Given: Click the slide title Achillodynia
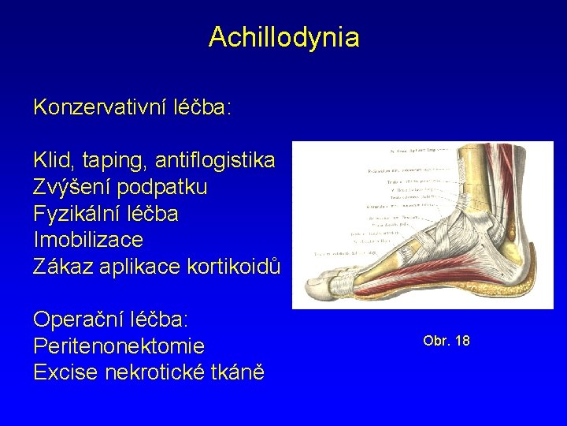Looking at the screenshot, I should pyautogui.click(x=283, y=37).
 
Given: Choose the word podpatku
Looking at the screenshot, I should pyautogui.click(x=166, y=189).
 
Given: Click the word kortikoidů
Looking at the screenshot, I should pyautogui.click(x=235, y=266).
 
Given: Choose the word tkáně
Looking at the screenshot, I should pyautogui.click(x=237, y=372).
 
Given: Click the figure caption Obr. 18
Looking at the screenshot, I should pyautogui.click(x=446, y=341).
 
